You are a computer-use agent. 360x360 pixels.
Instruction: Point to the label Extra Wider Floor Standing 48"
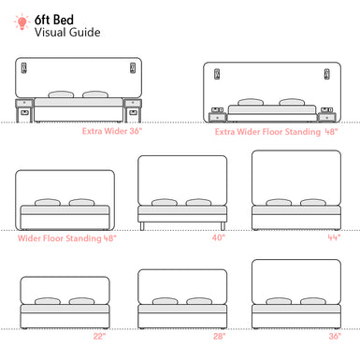(276, 132)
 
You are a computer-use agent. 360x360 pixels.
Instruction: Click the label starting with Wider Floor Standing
(66, 238)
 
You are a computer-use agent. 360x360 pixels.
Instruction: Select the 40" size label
(219, 238)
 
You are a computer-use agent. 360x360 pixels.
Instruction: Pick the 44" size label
(333, 238)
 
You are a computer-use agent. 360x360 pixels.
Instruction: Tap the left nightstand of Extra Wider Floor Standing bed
(217, 116)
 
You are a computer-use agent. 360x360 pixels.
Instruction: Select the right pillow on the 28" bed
(198, 302)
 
